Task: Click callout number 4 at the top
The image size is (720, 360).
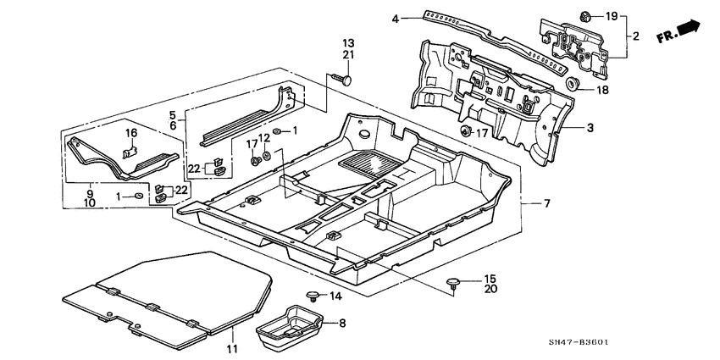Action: click(x=395, y=18)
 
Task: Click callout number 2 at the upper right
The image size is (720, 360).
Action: click(x=635, y=36)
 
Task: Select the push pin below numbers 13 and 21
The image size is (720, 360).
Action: click(x=347, y=79)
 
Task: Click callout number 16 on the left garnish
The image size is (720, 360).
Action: click(x=131, y=134)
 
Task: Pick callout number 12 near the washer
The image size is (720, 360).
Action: click(x=264, y=137)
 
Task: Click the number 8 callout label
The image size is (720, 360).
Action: click(x=342, y=323)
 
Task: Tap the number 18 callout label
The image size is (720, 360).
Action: click(x=602, y=90)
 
